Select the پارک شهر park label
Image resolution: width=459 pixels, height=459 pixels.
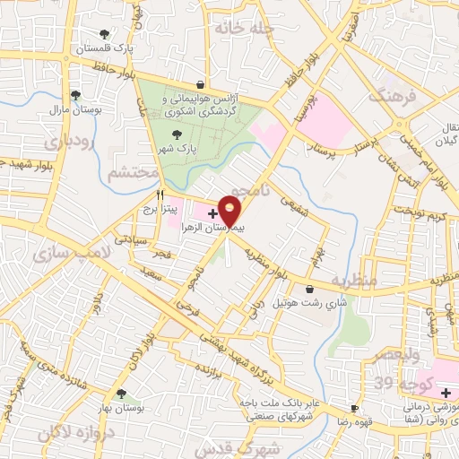tap(174, 149)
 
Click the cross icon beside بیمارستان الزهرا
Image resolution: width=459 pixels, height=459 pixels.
tap(212, 213)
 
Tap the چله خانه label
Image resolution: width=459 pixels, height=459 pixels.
tap(242, 28)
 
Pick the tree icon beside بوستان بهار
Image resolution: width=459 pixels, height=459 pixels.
tap(121, 394)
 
